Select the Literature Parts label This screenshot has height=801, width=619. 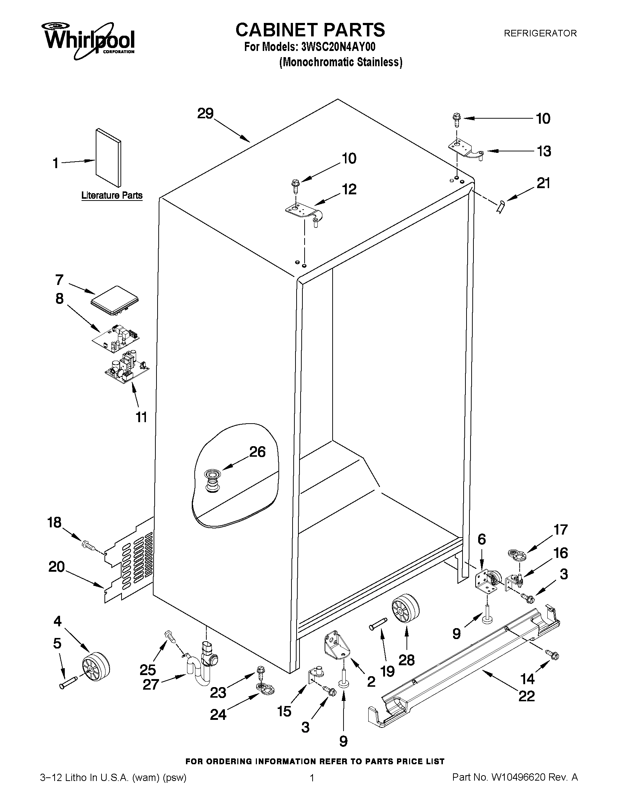pos(112,195)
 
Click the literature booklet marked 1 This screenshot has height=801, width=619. pos(108,158)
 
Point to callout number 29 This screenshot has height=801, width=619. pos(205,114)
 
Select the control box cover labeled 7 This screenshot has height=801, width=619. pos(114,301)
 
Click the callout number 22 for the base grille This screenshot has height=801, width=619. pos(526,696)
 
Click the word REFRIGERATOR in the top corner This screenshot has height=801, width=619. pos(540,33)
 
